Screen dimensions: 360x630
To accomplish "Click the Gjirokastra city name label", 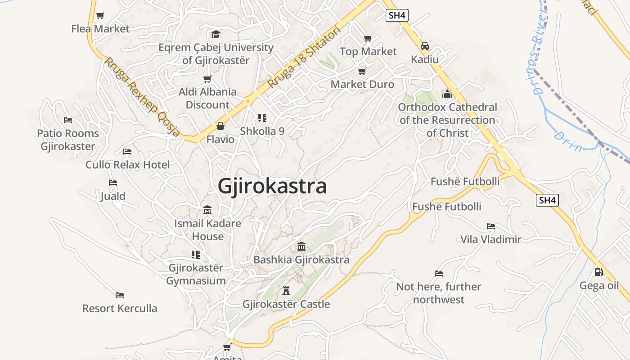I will click(x=272, y=186).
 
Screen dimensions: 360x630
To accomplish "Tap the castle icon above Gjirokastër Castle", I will click(x=286, y=290).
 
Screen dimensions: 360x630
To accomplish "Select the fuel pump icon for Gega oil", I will click(x=598, y=272).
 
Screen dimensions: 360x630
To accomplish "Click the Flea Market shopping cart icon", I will click(x=100, y=16).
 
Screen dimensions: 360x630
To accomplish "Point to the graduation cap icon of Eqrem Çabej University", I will click(x=216, y=34).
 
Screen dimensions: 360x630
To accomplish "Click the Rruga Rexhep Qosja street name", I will click(x=142, y=96).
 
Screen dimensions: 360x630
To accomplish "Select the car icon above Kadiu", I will click(x=424, y=46).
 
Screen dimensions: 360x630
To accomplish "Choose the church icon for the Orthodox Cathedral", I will click(x=447, y=94).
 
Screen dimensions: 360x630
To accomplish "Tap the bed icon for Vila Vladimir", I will click(x=490, y=226).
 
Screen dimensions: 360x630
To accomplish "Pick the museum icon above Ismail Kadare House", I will click(x=207, y=210).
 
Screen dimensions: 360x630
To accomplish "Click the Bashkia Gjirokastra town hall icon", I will click(x=301, y=247).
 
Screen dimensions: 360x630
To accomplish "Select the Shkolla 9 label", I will click(x=262, y=131).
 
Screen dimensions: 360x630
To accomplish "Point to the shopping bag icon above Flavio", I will click(x=220, y=126).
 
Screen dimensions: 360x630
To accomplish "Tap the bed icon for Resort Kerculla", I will click(x=119, y=295).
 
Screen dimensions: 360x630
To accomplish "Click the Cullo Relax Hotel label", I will click(x=128, y=165).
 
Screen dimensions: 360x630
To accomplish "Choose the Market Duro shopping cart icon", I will click(x=362, y=71).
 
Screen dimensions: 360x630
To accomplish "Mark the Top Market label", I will click(x=368, y=52).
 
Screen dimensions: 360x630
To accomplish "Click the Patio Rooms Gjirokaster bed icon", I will click(x=68, y=120).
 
